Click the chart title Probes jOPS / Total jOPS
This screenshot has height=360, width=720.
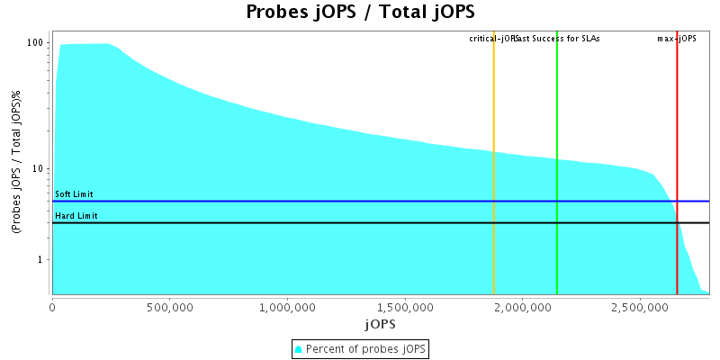click(x=360, y=13)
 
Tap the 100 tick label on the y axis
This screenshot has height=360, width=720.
click(x=36, y=43)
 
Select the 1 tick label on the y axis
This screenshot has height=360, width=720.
click(x=41, y=260)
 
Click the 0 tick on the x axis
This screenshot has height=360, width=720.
click(x=52, y=307)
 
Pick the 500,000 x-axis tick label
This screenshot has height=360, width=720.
click(x=169, y=307)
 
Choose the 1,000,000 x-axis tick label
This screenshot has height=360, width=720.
click(x=287, y=307)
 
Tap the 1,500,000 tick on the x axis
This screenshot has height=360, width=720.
click(x=404, y=307)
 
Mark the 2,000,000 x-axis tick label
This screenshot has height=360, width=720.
click(x=522, y=307)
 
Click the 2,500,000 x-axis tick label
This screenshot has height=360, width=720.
click(x=639, y=307)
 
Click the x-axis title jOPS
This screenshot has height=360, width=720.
click(x=380, y=323)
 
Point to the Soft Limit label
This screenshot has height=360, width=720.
click(x=74, y=194)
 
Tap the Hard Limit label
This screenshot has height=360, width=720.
click(x=76, y=216)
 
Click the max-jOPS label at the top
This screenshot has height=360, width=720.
click(x=677, y=39)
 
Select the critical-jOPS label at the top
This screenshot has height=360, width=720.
click(x=493, y=39)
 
